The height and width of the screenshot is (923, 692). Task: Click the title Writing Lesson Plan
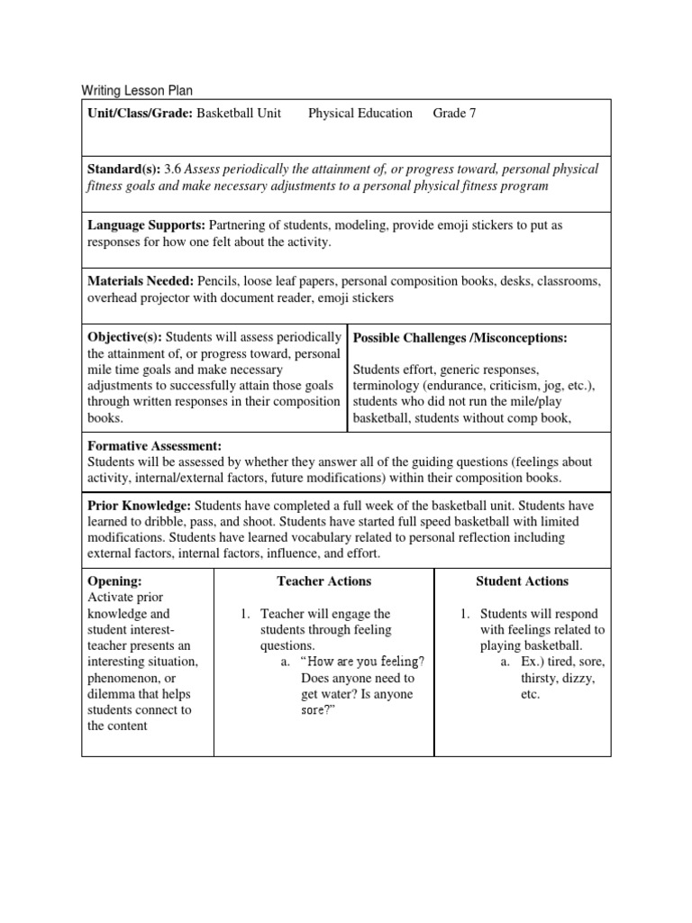(x=137, y=90)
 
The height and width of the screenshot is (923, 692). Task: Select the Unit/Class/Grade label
(x=140, y=114)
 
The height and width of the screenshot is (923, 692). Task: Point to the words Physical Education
(x=360, y=114)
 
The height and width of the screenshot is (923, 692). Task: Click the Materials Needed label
(x=142, y=281)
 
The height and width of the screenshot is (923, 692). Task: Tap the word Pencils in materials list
(x=222, y=281)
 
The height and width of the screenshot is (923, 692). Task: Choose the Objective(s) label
(x=124, y=336)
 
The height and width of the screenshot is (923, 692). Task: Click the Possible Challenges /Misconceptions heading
(x=460, y=337)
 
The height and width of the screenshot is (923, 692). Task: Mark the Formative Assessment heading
(x=154, y=446)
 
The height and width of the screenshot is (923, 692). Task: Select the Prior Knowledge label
(x=139, y=506)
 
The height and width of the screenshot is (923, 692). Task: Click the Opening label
(x=114, y=581)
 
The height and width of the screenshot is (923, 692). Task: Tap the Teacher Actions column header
(x=323, y=581)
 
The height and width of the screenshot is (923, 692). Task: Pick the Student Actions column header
(x=522, y=581)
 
